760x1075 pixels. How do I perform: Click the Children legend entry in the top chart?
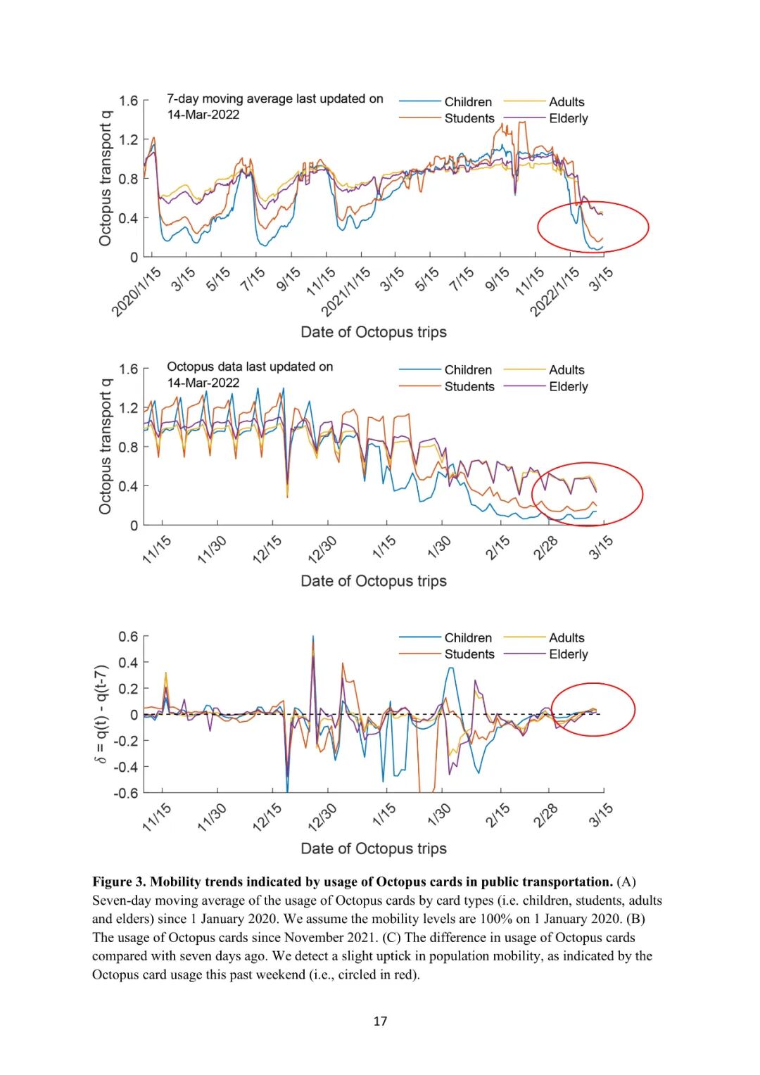[x=468, y=102]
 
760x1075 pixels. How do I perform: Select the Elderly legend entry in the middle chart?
[x=568, y=386]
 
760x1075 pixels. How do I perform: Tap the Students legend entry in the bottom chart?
[x=469, y=654]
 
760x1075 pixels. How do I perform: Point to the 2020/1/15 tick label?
[x=137, y=292]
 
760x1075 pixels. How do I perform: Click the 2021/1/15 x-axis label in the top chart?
[x=346, y=292]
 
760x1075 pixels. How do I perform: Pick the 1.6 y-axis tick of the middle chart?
[x=129, y=369]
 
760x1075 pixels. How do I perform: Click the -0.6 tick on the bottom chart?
[x=126, y=793]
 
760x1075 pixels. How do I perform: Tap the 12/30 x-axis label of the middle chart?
[x=323, y=549]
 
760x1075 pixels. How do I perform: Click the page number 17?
[x=380, y=1021]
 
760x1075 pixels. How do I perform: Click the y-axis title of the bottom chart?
[x=102, y=714]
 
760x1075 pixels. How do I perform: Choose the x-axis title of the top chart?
[x=374, y=332]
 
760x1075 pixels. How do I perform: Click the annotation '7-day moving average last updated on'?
[x=275, y=99]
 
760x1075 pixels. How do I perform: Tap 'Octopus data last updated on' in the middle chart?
[x=250, y=367]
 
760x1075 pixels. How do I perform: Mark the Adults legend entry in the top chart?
[x=566, y=102]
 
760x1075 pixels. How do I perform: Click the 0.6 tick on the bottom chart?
[x=129, y=637]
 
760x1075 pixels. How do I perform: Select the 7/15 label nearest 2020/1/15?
[x=253, y=279]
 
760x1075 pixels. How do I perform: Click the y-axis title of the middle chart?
[x=106, y=446]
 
